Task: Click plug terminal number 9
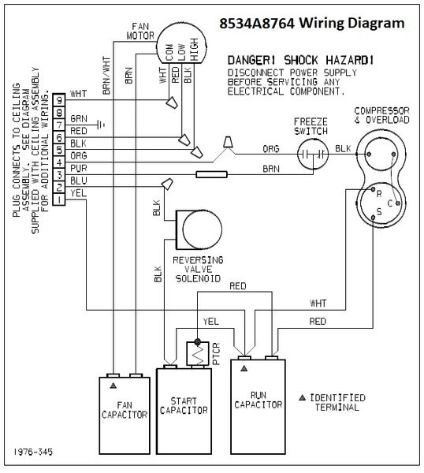(59, 100)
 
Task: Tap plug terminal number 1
(59, 199)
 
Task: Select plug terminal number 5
(59, 150)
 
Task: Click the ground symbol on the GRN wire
(101, 125)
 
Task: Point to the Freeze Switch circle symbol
(313, 155)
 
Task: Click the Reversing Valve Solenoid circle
(203, 229)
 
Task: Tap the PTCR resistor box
(198, 353)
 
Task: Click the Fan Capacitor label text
(125, 410)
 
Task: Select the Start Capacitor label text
(184, 405)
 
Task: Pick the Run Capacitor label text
(258, 400)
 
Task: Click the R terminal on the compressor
(373, 189)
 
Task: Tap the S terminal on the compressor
(373, 218)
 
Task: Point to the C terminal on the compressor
(398, 203)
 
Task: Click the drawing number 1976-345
(33, 452)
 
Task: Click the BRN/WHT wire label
(106, 76)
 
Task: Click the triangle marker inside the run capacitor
(244, 368)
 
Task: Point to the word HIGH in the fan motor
(195, 50)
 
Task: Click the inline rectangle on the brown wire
(211, 174)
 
